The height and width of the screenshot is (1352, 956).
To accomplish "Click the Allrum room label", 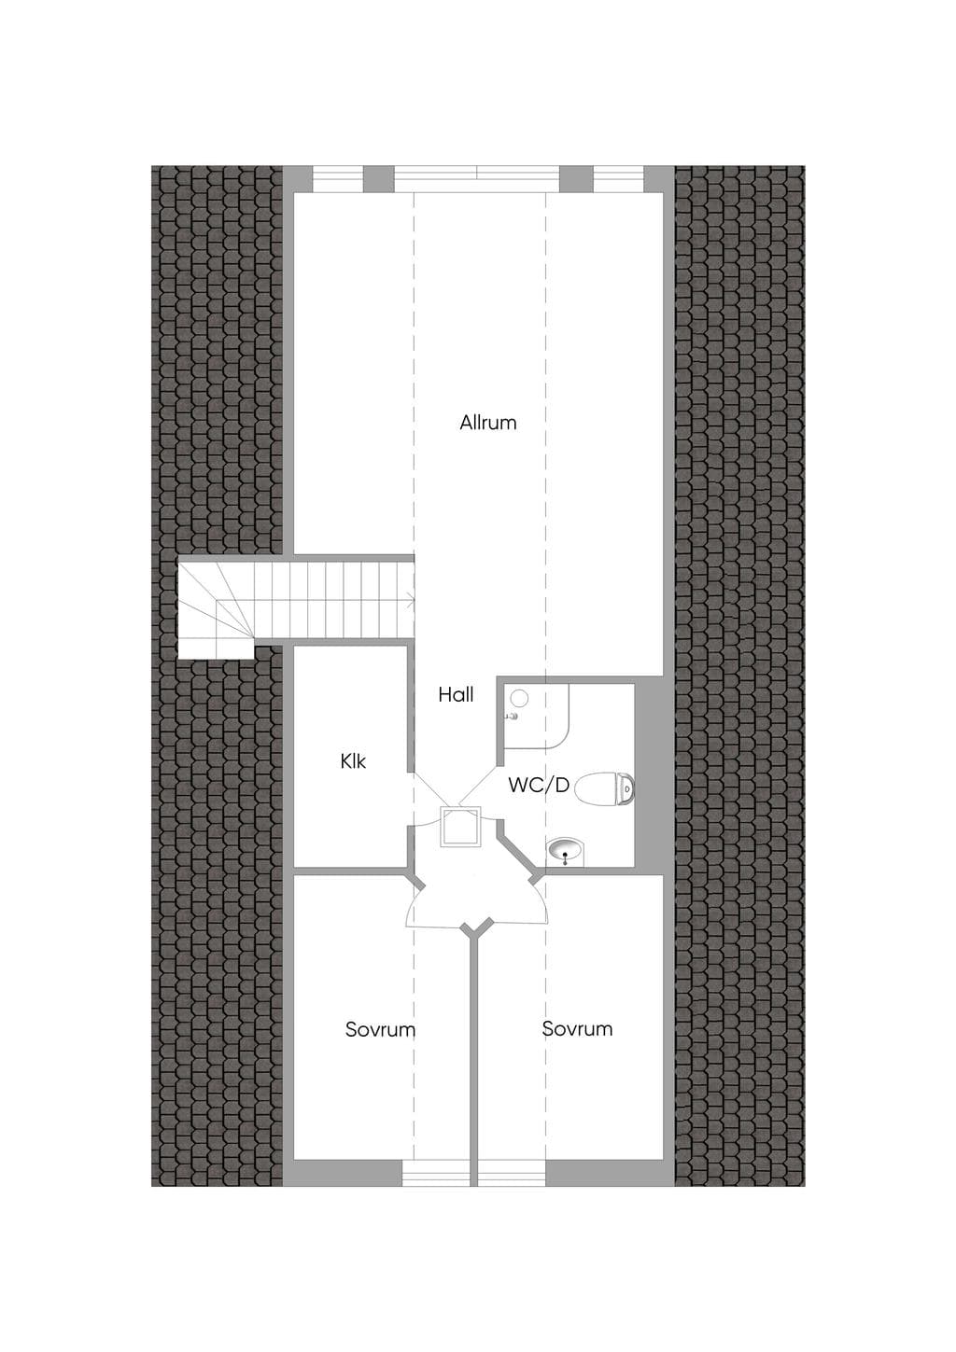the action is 488,423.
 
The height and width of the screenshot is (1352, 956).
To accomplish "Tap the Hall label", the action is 456,695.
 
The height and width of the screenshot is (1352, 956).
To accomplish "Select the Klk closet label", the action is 353,761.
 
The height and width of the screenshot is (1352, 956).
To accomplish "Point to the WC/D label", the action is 539,785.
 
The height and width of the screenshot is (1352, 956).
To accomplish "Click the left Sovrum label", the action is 381,1029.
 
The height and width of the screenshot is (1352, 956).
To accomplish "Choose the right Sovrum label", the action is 577,1028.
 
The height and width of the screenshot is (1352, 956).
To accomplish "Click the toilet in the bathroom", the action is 605,788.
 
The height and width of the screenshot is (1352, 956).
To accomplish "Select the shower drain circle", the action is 519,698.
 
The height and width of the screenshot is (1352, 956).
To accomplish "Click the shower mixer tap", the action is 513,717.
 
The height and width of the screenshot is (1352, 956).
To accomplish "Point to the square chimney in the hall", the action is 460,828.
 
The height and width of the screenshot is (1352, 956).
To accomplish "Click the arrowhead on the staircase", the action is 411,601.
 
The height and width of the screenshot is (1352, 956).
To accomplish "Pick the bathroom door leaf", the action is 480,786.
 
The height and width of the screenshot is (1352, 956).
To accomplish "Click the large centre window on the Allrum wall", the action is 476,179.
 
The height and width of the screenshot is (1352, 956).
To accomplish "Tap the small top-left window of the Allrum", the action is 338,179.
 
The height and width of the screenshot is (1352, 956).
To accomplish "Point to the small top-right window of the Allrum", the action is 618,179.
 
